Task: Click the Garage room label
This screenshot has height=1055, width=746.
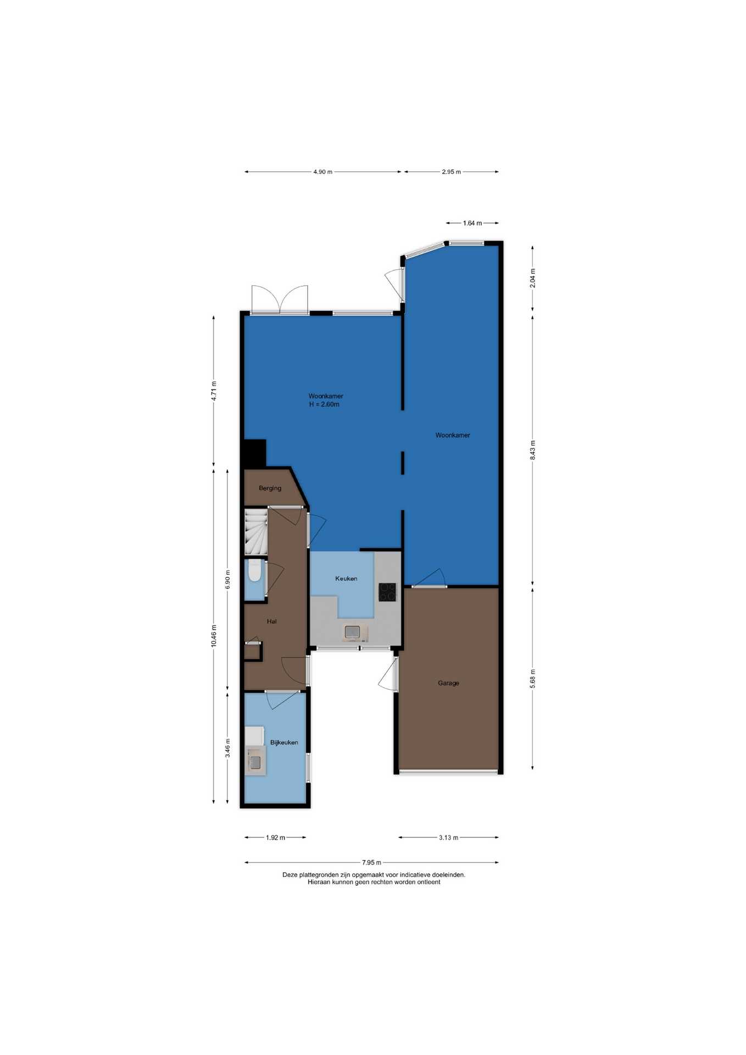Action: [x=448, y=683]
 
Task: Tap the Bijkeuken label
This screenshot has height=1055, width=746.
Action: [x=284, y=742]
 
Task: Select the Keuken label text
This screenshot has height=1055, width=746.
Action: [x=346, y=579]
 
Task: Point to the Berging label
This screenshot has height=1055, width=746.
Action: [x=270, y=488]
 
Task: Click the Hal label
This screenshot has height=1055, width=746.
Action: [x=271, y=621]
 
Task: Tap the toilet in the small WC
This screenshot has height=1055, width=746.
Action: [x=254, y=570]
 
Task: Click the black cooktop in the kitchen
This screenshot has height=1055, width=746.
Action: [x=387, y=592]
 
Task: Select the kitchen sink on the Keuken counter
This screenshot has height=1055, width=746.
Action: [x=353, y=632]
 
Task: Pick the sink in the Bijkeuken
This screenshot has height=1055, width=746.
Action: [x=256, y=762]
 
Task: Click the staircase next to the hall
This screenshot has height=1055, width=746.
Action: [x=256, y=532]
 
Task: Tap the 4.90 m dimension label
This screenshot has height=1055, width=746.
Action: [x=322, y=172]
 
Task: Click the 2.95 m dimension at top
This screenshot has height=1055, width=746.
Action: [x=451, y=172]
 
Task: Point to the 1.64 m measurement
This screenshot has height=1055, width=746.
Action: [x=472, y=223]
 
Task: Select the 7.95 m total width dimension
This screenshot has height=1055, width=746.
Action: [x=371, y=862]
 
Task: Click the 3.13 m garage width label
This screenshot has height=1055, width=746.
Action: [x=448, y=837]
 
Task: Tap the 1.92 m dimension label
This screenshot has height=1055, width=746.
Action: [x=275, y=837]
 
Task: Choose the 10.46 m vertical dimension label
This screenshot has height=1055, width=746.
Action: [x=214, y=636]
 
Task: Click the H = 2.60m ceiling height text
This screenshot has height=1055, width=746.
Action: [x=324, y=404]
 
